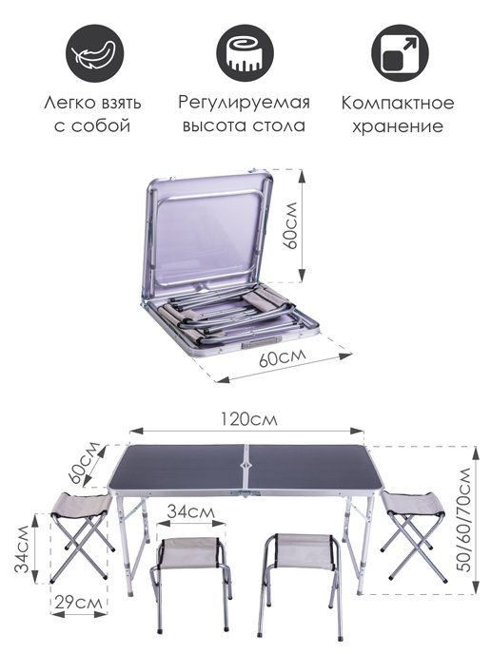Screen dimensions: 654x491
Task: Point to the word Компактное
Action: pyautogui.click(x=397, y=103)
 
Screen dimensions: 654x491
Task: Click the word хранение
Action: pyautogui.click(x=397, y=125)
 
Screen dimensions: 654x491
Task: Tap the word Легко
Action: pyautogui.click(x=67, y=103)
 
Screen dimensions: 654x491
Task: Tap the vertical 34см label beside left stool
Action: pyautogui.click(x=19, y=549)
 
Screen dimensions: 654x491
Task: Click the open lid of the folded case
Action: pyautogui.click(x=211, y=233)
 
